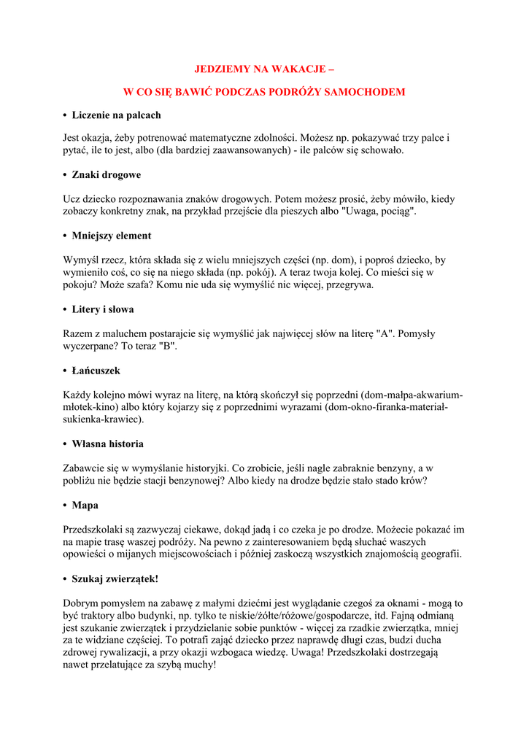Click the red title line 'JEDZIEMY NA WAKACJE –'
[264, 69]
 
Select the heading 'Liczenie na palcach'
[116, 115]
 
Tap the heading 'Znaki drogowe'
[107, 175]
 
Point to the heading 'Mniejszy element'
[112, 236]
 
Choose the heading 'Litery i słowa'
[103, 309]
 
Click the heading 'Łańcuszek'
[96, 371]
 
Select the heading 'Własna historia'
[107, 444]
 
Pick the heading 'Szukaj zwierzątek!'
[115, 578]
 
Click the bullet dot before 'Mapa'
[65, 506]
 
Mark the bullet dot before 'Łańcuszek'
[65, 371]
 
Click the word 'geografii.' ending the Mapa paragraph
[438, 554]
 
